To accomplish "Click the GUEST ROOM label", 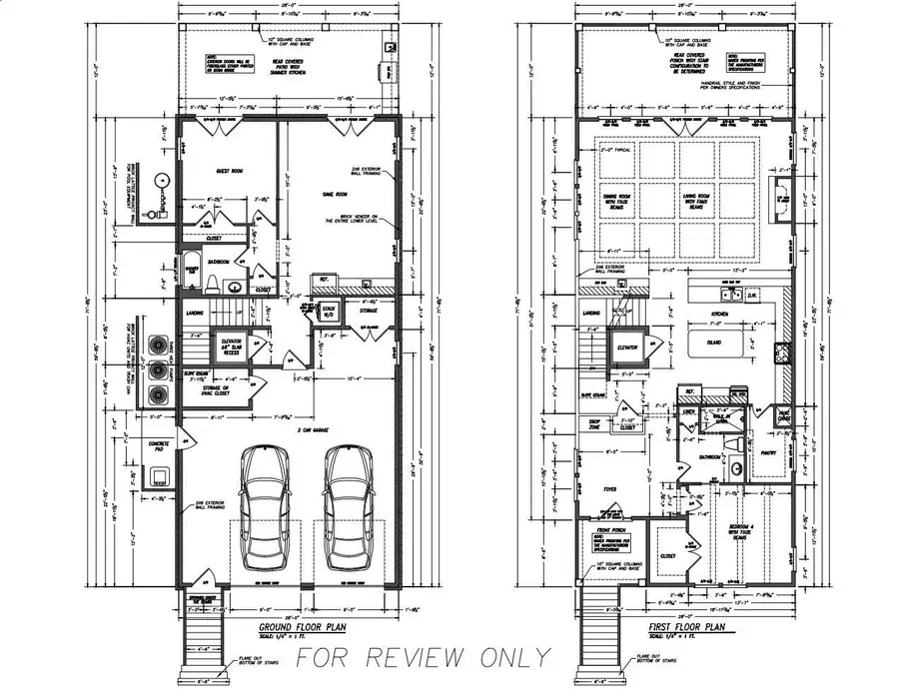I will [x=231, y=171].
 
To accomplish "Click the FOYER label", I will [x=611, y=488].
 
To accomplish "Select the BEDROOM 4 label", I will [x=737, y=529].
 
